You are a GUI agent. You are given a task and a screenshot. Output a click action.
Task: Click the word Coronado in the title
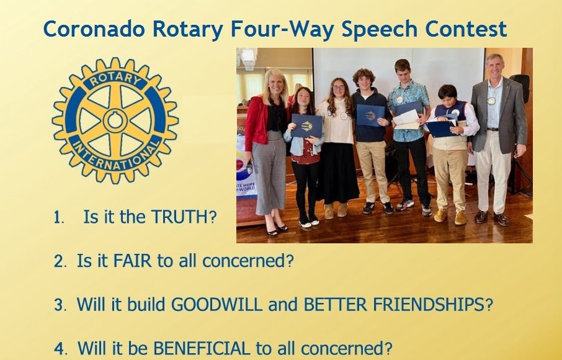tap(94, 29)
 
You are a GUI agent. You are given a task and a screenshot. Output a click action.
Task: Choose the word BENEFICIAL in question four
tap(202, 348)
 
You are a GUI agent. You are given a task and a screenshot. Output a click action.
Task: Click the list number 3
tap(59, 305)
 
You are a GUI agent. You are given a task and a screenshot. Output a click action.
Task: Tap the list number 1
tap(58, 217)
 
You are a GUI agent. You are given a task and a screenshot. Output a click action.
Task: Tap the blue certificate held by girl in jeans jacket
tap(306, 125)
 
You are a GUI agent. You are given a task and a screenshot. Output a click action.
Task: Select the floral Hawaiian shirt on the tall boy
tap(409, 111)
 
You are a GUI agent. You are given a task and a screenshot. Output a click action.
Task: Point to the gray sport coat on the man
tap(499, 115)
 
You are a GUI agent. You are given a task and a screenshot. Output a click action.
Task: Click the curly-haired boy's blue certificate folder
tap(370, 115)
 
